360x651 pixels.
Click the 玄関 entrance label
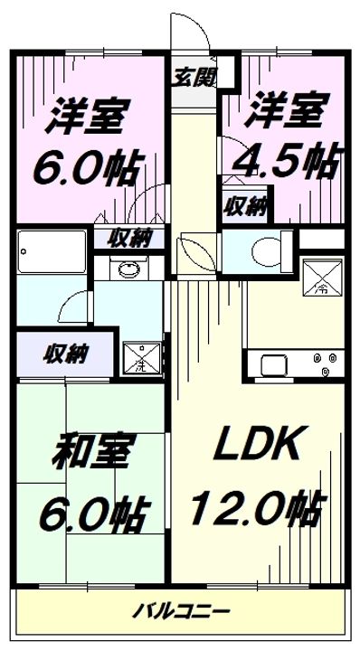(x=194, y=79)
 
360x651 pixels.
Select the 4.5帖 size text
(x=284, y=164)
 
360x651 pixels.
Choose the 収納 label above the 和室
(x=62, y=353)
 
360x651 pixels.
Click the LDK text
(x=257, y=445)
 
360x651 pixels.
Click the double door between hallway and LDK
(x=195, y=249)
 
